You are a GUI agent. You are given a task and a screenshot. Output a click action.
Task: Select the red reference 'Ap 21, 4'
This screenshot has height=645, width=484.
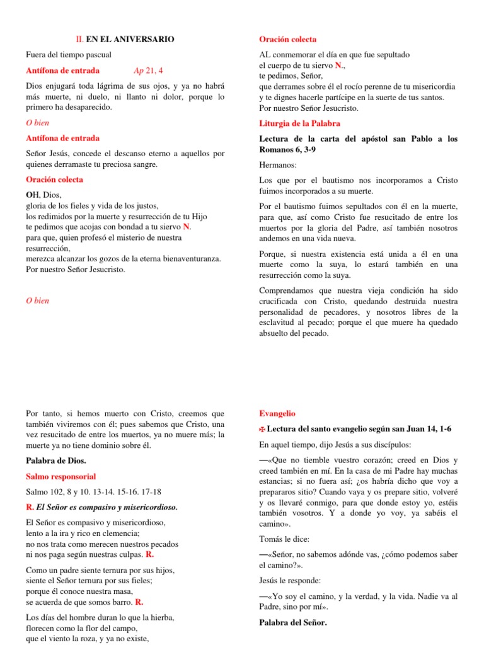click(x=148, y=71)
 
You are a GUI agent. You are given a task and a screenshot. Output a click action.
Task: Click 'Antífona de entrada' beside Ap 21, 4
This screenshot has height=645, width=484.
click(x=62, y=71)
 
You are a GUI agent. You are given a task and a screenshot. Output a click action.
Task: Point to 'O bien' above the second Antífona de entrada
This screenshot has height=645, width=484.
click(x=37, y=123)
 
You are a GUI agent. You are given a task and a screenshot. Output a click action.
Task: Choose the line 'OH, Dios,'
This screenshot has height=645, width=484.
click(x=43, y=195)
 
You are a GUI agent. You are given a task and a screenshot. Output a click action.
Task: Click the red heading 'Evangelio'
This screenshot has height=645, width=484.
click(x=277, y=414)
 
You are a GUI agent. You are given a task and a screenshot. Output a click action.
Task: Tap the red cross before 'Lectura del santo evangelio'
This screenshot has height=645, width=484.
click(x=263, y=430)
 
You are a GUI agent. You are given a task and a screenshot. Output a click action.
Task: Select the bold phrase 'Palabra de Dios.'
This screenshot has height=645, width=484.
click(x=55, y=461)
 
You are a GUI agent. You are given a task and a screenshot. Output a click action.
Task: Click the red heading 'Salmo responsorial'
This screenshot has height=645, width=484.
click(x=60, y=476)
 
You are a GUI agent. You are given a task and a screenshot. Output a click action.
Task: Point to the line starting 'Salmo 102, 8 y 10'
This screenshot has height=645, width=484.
click(x=93, y=492)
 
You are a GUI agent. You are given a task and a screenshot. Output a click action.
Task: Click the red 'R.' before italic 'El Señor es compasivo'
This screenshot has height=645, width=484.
click(x=30, y=507)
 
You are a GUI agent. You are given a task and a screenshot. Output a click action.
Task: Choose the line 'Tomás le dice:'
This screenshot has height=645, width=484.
click(x=284, y=539)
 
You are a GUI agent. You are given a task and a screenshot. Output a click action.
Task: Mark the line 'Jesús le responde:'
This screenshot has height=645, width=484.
click(x=291, y=580)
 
